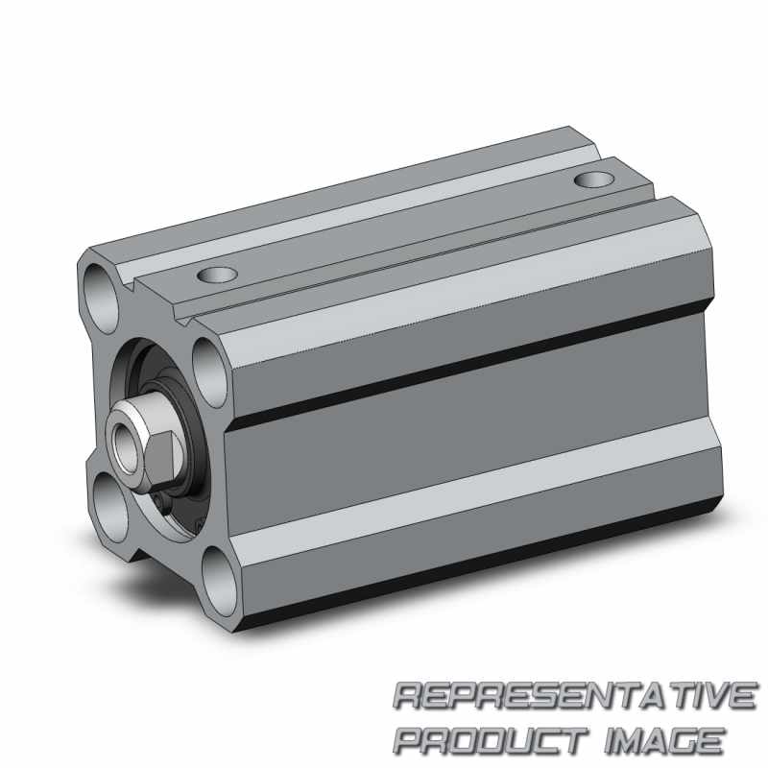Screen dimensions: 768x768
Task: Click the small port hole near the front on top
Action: (218, 275)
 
